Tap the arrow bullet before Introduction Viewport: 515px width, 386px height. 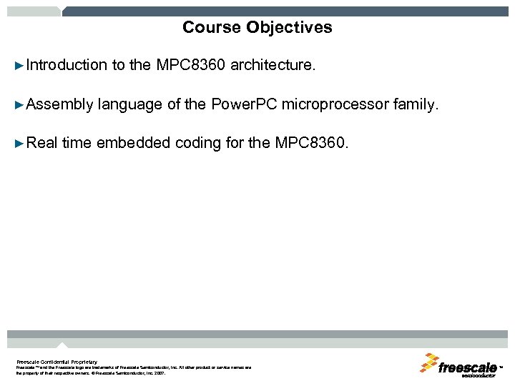(19, 66)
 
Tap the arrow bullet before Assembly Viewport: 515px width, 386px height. (19, 105)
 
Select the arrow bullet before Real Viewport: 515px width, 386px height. (19, 143)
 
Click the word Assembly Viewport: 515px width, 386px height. (59, 105)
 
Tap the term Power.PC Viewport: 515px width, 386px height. (244, 105)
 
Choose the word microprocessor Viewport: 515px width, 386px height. (335, 105)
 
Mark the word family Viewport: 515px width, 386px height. (414, 105)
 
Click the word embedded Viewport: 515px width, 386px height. (134, 143)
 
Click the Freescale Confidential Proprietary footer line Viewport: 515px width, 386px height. (57, 362)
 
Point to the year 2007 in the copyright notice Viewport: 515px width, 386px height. (158, 373)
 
